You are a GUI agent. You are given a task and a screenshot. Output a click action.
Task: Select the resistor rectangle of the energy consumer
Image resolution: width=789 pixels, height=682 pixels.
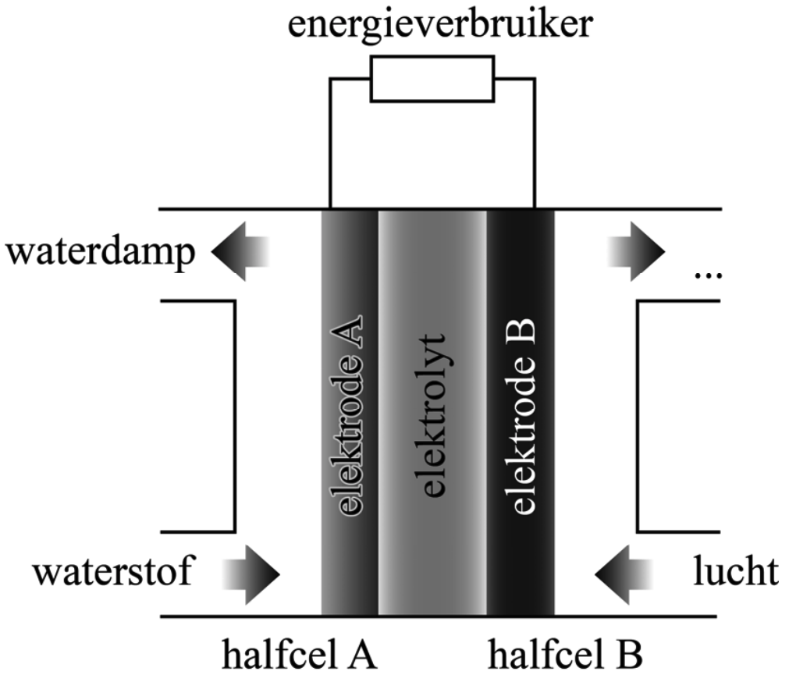click(x=432, y=79)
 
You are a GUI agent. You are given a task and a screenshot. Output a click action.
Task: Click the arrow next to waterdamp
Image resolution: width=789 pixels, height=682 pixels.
click(x=240, y=251)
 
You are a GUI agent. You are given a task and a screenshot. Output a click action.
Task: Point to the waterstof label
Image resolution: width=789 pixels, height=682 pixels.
click(x=112, y=573)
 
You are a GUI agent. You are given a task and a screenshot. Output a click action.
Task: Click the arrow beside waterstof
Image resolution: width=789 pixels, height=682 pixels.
click(x=251, y=574)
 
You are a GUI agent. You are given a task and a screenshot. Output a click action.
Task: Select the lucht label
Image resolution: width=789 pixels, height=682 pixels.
click(x=735, y=573)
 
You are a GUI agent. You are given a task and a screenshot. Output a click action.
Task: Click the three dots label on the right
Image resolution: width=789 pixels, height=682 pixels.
click(x=707, y=275)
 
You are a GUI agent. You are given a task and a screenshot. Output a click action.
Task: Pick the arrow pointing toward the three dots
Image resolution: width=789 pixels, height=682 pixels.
click(x=635, y=251)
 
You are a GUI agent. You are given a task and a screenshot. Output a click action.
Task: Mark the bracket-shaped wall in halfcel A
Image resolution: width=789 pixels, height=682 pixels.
click(x=235, y=416)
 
